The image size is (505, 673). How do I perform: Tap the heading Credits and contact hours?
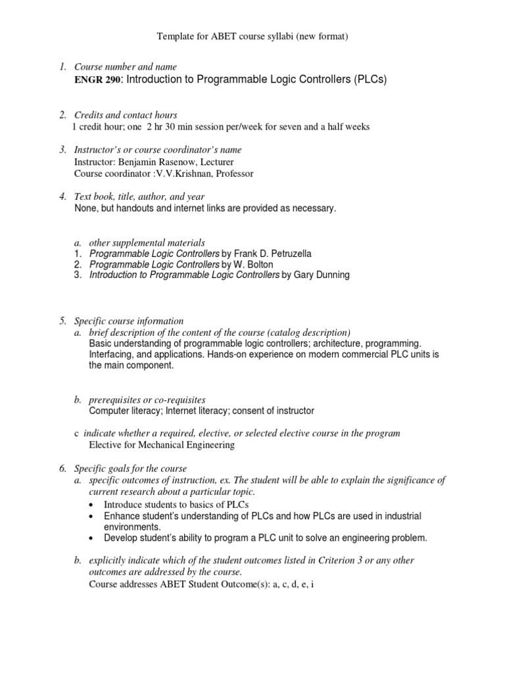point(126,115)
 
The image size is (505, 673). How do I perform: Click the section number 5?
point(62,321)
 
